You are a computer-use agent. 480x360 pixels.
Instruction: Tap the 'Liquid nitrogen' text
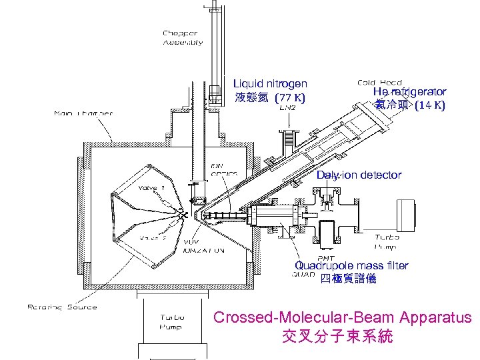270,83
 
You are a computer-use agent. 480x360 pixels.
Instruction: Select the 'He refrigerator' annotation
409,91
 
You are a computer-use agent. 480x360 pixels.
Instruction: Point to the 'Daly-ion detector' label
359,175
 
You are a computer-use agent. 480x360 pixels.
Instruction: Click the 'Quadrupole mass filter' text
351,265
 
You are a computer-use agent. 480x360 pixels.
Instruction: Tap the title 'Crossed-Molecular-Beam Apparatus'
342,317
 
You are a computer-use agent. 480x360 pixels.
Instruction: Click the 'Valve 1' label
151,188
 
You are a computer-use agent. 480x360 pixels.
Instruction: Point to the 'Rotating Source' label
62,307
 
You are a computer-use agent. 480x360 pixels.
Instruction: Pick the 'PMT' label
327,259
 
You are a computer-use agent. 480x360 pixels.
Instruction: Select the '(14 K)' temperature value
430,105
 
